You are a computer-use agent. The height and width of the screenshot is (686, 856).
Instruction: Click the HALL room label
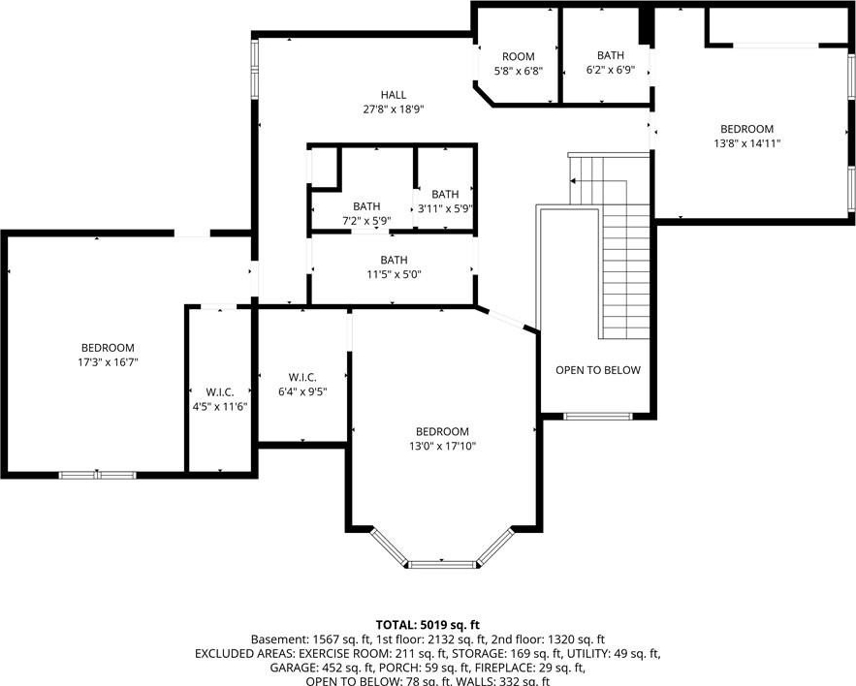(x=393, y=95)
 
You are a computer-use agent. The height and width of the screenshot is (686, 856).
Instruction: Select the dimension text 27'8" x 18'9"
(x=393, y=109)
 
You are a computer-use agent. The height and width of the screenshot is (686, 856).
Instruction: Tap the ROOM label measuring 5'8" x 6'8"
(x=518, y=57)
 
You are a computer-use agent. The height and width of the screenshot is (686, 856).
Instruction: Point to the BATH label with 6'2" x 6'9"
(x=611, y=55)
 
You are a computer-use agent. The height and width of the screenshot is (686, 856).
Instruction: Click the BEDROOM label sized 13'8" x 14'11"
(x=746, y=129)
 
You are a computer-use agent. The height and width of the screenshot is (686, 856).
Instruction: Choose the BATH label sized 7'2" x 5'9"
(x=366, y=206)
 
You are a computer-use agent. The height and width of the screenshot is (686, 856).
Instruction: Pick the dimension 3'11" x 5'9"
(x=445, y=208)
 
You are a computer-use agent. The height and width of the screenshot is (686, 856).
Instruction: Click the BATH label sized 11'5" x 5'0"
(x=394, y=260)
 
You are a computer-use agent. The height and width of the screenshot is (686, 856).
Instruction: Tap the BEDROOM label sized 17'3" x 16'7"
(x=108, y=348)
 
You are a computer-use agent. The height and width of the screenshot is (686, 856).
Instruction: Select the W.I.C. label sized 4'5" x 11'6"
(x=220, y=392)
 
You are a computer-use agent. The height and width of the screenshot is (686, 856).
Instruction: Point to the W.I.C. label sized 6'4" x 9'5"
(x=302, y=377)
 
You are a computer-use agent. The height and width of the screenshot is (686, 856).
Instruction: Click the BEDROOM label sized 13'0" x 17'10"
(x=442, y=432)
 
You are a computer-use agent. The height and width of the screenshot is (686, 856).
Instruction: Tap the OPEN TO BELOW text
(x=598, y=370)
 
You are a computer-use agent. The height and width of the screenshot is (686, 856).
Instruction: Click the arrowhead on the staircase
(x=573, y=180)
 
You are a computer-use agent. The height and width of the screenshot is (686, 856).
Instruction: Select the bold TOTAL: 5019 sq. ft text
(x=428, y=624)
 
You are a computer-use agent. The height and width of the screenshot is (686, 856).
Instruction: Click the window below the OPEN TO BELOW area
(x=598, y=417)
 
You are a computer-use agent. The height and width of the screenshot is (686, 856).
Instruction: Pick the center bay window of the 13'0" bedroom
(x=442, y=564)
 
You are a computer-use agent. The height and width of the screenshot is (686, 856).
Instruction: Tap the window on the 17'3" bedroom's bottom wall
(x=97, y=475)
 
